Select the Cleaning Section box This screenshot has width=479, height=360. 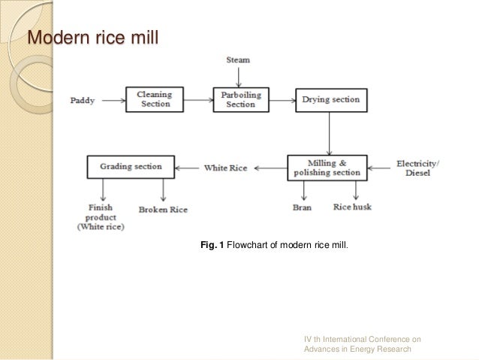(153, 99)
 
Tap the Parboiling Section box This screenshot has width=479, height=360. (239, 99)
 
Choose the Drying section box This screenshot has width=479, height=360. (330, 99)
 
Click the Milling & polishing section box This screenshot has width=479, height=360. (327, 168)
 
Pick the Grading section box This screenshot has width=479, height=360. (131, 167)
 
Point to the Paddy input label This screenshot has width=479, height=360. (83, 100)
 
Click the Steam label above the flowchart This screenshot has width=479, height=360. (239, 59)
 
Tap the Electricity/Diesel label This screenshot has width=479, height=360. (419, 168)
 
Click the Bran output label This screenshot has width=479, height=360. (302, 207)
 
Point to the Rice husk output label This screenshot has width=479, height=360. (351, 207)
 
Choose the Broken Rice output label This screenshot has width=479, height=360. (163, 209)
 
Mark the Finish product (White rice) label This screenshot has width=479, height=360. (101, 218)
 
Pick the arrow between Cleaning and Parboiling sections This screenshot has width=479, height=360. (196, 99)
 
